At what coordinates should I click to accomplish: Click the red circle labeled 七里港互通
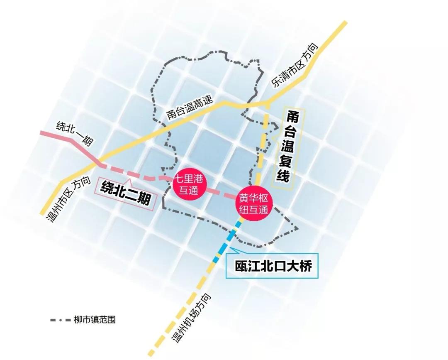(190, 185)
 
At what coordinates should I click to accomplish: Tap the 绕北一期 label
(75, 132)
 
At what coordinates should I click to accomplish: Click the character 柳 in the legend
(78, 320)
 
